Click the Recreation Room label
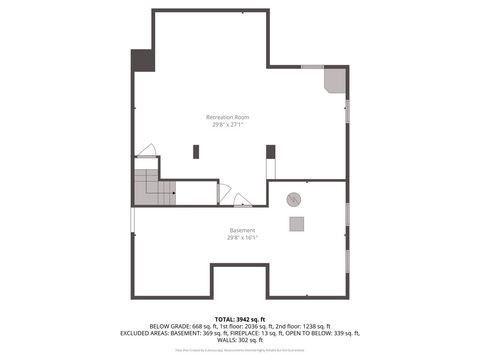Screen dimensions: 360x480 229,117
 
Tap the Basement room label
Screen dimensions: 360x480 242,230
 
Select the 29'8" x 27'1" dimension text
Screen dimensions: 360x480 229,125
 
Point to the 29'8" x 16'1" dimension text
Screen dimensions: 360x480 242,238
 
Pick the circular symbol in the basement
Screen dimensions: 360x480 294,198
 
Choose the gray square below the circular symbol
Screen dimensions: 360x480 297,224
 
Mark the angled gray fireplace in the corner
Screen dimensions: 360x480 334,80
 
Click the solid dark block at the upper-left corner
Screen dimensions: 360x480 144,60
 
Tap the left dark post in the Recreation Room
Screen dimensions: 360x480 196,151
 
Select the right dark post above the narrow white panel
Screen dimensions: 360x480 270,151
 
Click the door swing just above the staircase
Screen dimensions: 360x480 147,151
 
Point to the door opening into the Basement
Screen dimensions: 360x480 242,200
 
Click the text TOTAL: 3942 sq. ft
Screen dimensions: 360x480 241,317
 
